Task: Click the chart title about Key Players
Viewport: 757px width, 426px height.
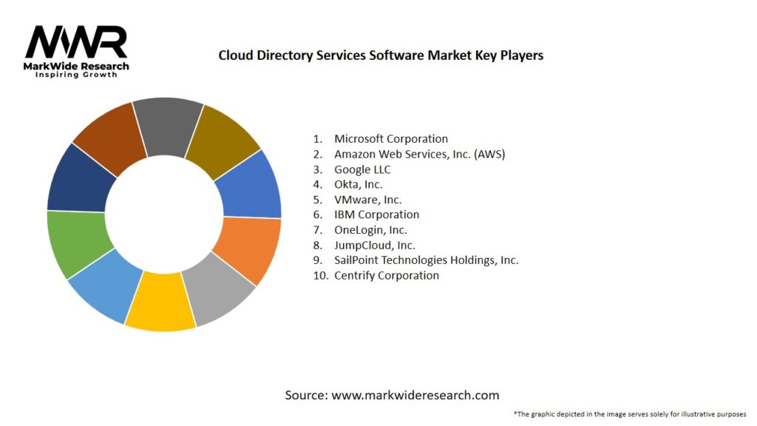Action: point(381,55)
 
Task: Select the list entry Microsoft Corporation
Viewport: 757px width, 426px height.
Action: point(391,138)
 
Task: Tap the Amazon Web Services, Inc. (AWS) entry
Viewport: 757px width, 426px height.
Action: point(419,154)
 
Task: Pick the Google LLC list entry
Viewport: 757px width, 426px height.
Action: point(362,169)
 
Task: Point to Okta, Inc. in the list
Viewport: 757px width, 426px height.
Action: point(359,184)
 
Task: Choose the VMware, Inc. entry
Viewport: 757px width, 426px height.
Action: point(368,200)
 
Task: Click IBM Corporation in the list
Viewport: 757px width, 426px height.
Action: point(376,214)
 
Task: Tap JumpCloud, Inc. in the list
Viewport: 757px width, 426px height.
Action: point(375,245)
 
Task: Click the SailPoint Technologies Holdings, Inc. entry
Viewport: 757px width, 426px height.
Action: point(426,260)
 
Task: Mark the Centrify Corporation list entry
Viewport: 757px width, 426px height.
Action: point(387,275)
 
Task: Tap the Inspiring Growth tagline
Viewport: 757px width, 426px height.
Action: point(76,75)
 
